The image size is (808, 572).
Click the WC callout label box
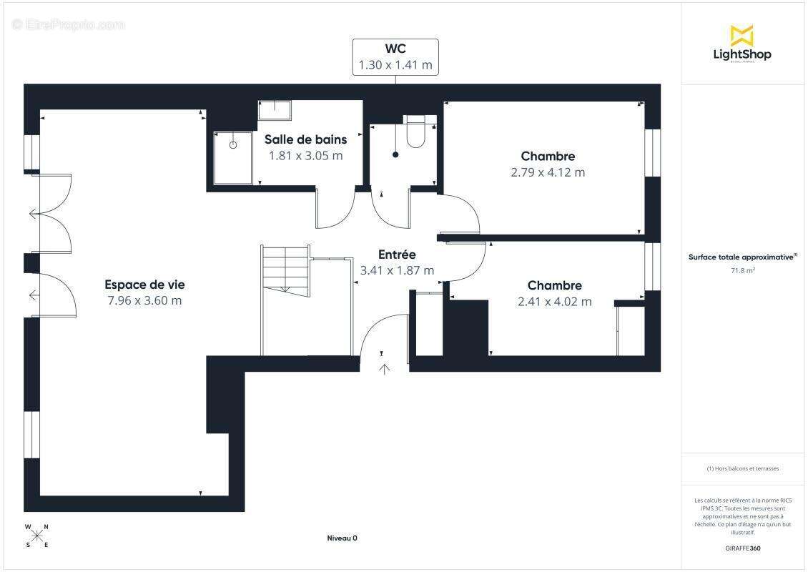(x=395, y=56)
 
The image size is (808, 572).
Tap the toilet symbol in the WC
(x=415, y=132)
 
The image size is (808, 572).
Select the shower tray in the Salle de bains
(x=233, y=157)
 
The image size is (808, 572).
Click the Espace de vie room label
(x=144, y=284)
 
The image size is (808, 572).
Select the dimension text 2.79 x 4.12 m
(x=548, y=172)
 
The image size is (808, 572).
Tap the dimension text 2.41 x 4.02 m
(x=554, y=302)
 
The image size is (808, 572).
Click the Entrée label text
(x=397, y=255)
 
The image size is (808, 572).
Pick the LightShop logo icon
(x=742, y=36)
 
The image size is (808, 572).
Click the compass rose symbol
(x=37, y=536)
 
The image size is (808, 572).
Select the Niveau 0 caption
(x=342, y=538)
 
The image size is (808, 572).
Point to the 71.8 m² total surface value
(x=743, y=270)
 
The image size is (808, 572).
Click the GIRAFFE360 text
(x=743, y=548)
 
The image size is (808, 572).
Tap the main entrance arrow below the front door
(x=384, y=369)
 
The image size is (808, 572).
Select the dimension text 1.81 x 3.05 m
(x=305, y=155)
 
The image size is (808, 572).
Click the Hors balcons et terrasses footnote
(x=743, y=468)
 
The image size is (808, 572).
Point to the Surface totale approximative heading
(x=742, y=257)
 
